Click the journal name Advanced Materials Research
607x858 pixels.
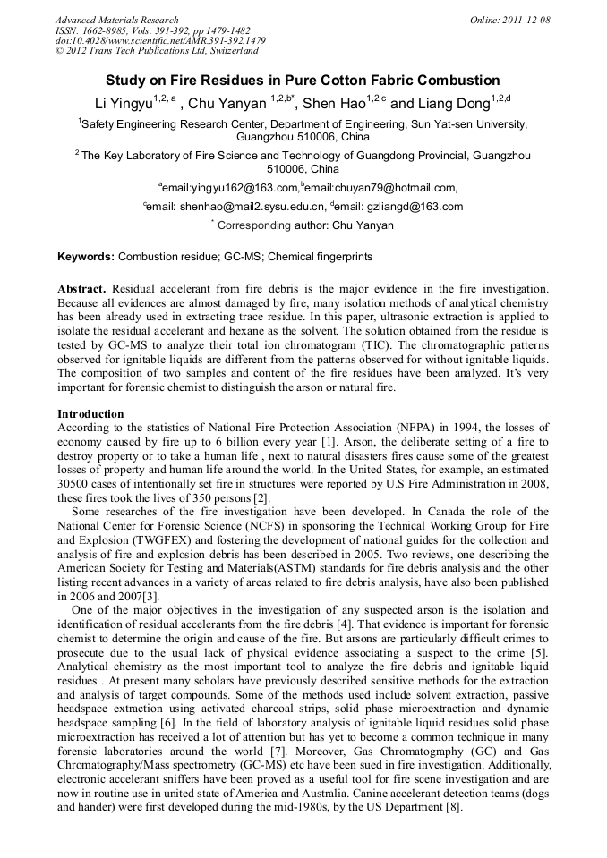[x=116, y=20]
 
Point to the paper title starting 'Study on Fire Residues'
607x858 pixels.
[x=303, y=81]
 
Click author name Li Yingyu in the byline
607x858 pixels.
[x=123, y=104]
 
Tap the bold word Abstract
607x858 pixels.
[x=82, y=289]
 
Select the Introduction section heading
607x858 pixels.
[x=90, y=414]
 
